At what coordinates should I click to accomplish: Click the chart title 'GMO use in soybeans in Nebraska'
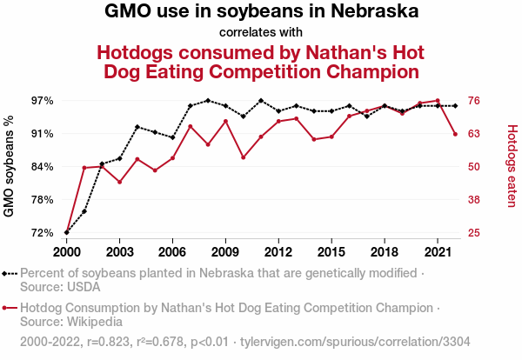(x=261, y=12)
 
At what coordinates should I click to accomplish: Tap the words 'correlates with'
(x=261, y=33)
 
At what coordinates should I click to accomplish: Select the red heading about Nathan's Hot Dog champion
(x=261, y=61)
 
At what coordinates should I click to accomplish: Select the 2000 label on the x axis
(x=67, y=251)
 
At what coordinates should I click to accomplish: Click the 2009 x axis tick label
(x=225, y=251)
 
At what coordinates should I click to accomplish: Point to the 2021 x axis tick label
(x=438, y=251)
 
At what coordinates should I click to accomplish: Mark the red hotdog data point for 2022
(x=455, y=134)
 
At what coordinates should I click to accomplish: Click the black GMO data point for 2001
(x=84, y=211)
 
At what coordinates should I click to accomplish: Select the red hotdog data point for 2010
(x=243, y=157)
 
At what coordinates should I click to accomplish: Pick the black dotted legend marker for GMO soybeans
(x=10, y=273)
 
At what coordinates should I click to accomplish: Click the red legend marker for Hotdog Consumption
(x=10, y=308)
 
